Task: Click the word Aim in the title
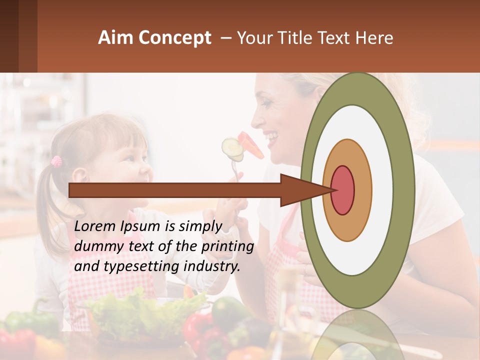pyautogui.click(x=115, y=38)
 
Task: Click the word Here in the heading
pyautogui.click(x=375, y=38)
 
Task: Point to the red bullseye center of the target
pyautogui.click(x=342, y=190)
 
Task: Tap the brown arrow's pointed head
pyautogui.click(x=305, y=190)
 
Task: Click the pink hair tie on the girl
pyautogui.click(x=56, y=161)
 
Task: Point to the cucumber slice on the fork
pyautogui.click(x=231, y=148)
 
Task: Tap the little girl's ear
pyautogui.click(x=79, y=175)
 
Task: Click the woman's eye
pyautogui.click(x=265, y=103)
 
